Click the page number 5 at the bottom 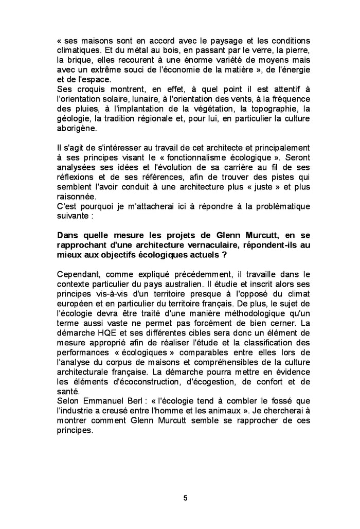pyautogui.click(x=185, y=498)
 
